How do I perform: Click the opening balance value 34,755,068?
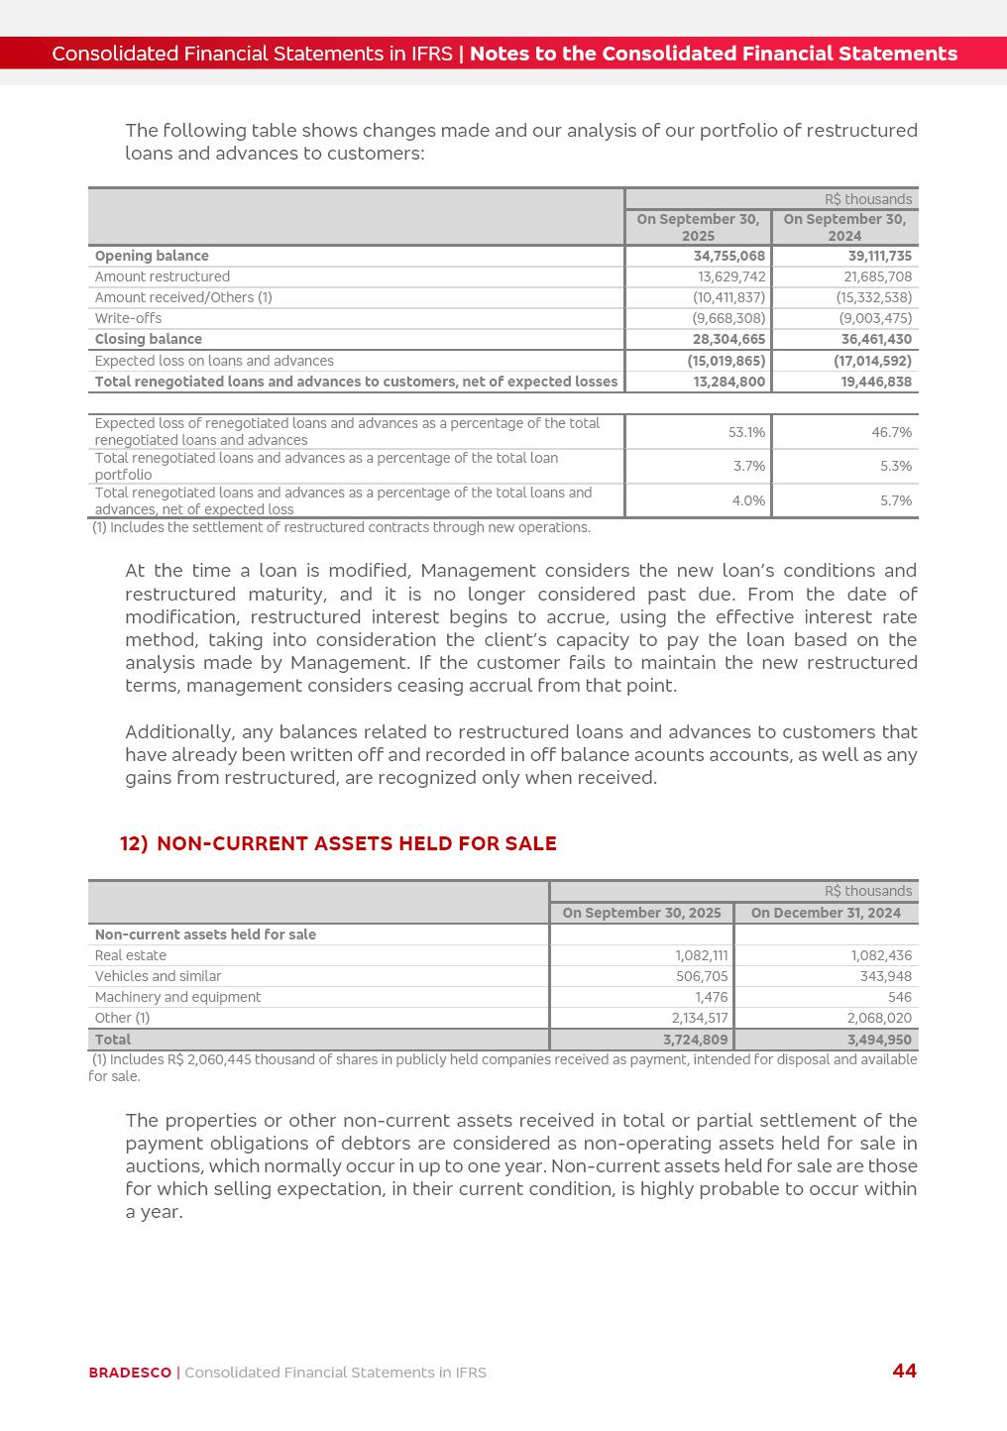coord(729,256)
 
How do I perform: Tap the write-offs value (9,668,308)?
coord(728,318)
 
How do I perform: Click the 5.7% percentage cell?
coord(896,500)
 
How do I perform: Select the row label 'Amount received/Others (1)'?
coord(183,297)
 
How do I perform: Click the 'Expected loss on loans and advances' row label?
coord(214,361)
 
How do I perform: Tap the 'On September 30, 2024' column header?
coord(844,227)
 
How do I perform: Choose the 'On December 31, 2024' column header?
coord(826,913)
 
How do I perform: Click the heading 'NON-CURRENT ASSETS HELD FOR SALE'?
coord(357,843)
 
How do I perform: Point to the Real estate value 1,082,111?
coord(702,955)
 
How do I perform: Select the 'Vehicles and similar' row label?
coord(158,976)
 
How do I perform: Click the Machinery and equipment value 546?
coord(900,997)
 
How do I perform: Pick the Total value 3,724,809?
coord(696,1040)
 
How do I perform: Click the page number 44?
coord(904,1371)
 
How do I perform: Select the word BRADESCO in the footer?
coord(130,1373)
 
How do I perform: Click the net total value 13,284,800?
coord(729,382)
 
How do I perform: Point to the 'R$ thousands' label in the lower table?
coord(868,891)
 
